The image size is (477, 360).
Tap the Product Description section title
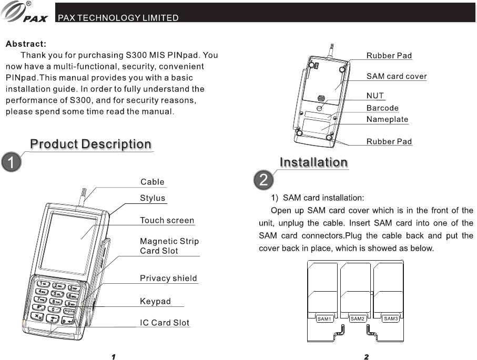(x=90, y=144)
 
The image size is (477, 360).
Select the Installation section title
(x=313, y=162)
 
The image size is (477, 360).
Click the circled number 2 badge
(x=263, y=180)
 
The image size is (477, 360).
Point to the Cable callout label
(x=152, y=182)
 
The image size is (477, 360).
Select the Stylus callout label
(x=153, y=198)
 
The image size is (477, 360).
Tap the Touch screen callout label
(x=167, y=220)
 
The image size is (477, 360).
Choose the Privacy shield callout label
(x=168, y=278)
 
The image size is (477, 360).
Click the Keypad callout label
(x=155, y=301)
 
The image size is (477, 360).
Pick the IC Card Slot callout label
(x=165, y=322)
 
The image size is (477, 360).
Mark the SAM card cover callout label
(x=397, y=76)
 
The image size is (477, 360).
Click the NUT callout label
(x=375, y=96)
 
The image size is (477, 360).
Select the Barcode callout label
(x=382, y=108)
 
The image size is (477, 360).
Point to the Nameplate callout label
(x=387, y=119)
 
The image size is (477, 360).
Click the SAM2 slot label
(x=357, y=319)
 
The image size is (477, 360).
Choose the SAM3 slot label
(x=391, y=319)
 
